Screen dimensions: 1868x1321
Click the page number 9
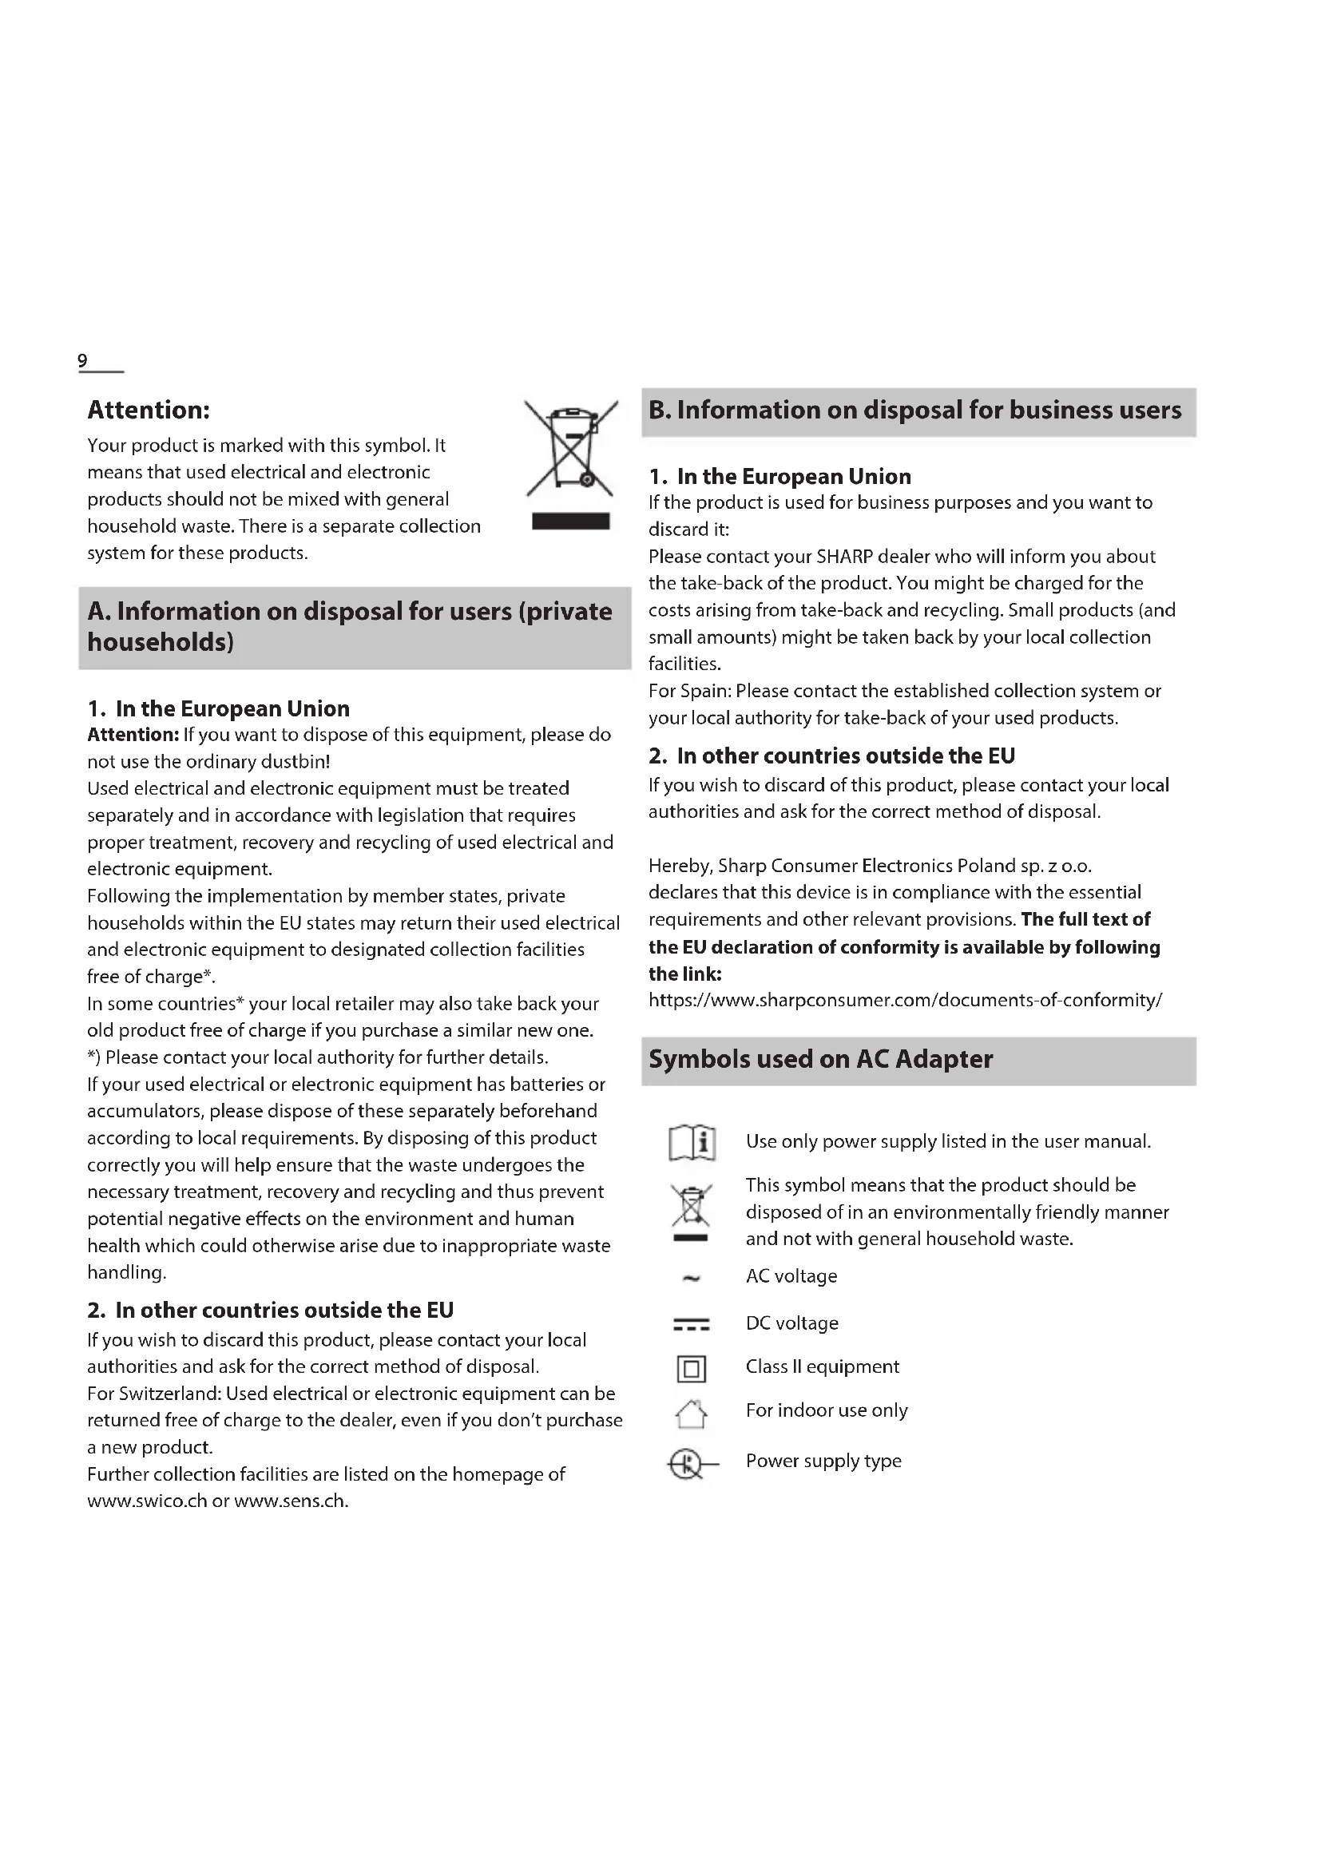tap(82, 360)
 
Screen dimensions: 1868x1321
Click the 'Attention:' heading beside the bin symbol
tap(149, 409)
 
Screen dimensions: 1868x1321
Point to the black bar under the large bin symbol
tap(570, 522)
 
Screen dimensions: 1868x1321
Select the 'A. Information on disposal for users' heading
tap(350, 626)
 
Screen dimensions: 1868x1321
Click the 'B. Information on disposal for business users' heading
tap(915, 410)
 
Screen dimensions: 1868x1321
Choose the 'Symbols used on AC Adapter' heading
tap(821, 1059)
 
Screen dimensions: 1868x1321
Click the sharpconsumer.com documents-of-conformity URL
tap(906, 1000)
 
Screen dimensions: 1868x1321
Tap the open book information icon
tap(692, 1142)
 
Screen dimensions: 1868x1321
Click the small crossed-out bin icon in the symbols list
tap(691, 1207)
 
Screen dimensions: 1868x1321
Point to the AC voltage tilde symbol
tap(691, 1279)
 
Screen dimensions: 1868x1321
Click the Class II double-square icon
tap(692, 1370)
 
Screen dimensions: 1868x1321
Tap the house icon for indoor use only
tap(692, 1414)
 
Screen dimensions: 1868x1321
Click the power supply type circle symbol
tap(689, 1465)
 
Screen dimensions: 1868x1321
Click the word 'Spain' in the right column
tap(704, 691)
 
